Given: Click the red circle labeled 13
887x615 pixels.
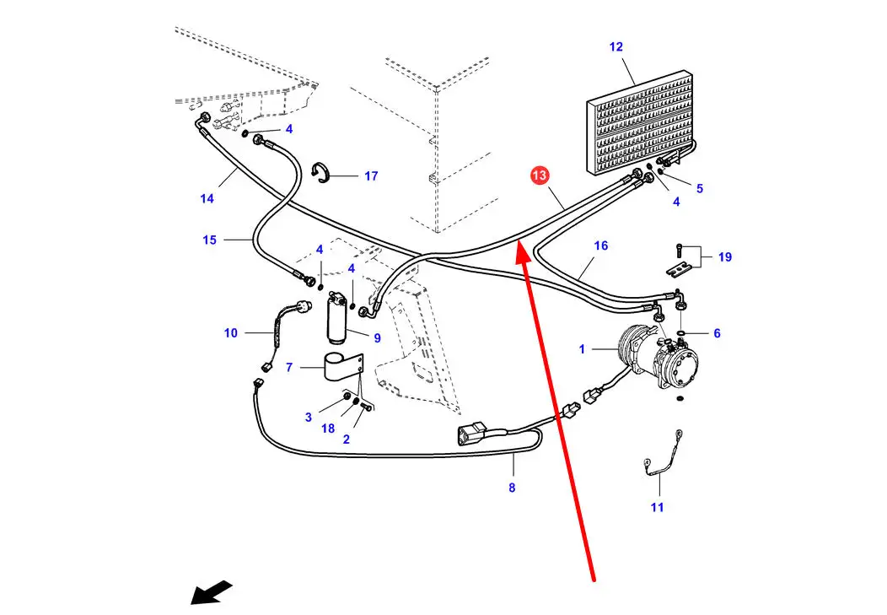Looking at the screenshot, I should tap(540, 176).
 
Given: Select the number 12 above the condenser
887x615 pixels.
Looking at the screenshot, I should tap(616, 47).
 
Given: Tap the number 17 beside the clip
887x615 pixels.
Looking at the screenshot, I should tap(371, 176).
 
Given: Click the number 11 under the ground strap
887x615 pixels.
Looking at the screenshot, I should tap(657, 507).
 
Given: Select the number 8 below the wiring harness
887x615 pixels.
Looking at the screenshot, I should tap(512, 487).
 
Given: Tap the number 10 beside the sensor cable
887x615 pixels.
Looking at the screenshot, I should tap(231, 333).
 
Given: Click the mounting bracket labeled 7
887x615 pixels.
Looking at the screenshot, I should tap(341, 369).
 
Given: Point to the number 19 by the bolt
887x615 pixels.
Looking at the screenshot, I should tap(724, 257).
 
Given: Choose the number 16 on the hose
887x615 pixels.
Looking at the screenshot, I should tap(600, 245).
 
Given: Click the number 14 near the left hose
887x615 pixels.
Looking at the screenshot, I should tap(207, 198).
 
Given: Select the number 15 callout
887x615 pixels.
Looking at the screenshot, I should tap(210, 240).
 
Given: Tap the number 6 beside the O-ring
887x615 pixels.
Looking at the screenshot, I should tap(717, 333).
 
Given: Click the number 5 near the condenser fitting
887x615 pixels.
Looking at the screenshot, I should tap(699, 189).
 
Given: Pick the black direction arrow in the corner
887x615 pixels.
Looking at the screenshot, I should tap(211, 591).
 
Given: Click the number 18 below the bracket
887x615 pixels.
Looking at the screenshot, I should tap(328, 429).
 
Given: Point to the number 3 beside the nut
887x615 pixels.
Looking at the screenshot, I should tap(309, 417).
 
